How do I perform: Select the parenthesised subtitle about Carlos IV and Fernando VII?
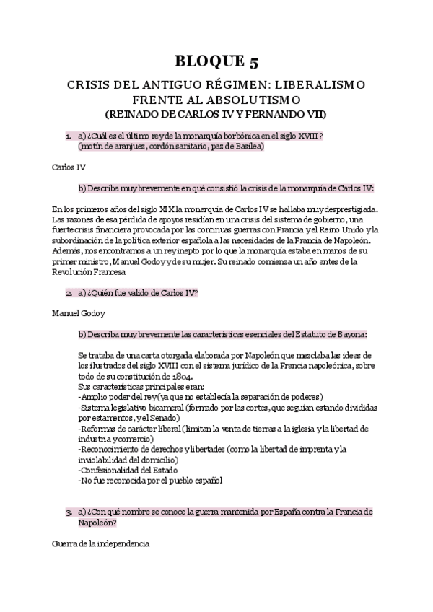pyautogui.click(x=216, y=114)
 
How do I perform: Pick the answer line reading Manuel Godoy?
pyautogui.click(x=79, y=315)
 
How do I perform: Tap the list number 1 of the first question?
pyautogui.click(x=67, y=135)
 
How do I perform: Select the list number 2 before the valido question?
pyautogui.click(x=67, y=293)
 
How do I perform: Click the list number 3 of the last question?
pyautogui.click(x=67, y=512)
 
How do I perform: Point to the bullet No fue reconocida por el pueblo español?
pyautogui.click(x=152, y=480)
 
